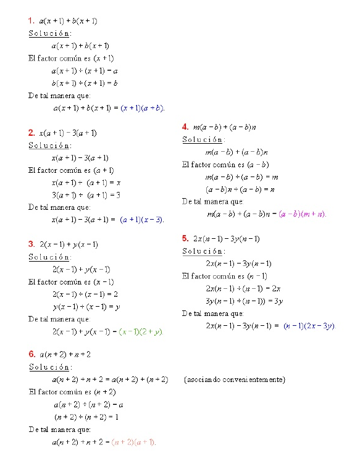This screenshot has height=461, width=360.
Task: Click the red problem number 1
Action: click(x=31, y=21)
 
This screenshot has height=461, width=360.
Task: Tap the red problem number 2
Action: click(x=31, y=133)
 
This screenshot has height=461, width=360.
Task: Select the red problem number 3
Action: click(x=31, y=244)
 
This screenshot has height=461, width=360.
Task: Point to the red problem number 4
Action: click(x=185, y=127)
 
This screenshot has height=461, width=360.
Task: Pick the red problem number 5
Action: click(x=185, y=238)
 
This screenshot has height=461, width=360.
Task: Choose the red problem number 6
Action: click(x=31, y=354)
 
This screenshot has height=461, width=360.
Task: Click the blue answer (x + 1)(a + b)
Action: click(x=142, y=108)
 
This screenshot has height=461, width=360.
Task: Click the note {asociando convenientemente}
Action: click(x=235, y=379)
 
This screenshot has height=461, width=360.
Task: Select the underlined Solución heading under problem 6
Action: click(x=49, y=367)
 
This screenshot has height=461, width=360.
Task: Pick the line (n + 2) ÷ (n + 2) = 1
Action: click(x=86, y=417)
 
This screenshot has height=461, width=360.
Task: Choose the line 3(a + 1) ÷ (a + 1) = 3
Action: click(x=86, y=195)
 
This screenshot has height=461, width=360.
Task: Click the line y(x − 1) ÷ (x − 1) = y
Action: click(x=86, y=307)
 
